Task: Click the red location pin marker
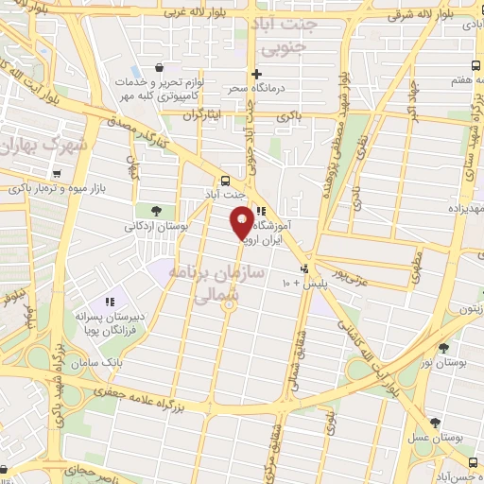242,223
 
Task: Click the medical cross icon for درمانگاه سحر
255,74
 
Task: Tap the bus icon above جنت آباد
226,181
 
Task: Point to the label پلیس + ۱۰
303,283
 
